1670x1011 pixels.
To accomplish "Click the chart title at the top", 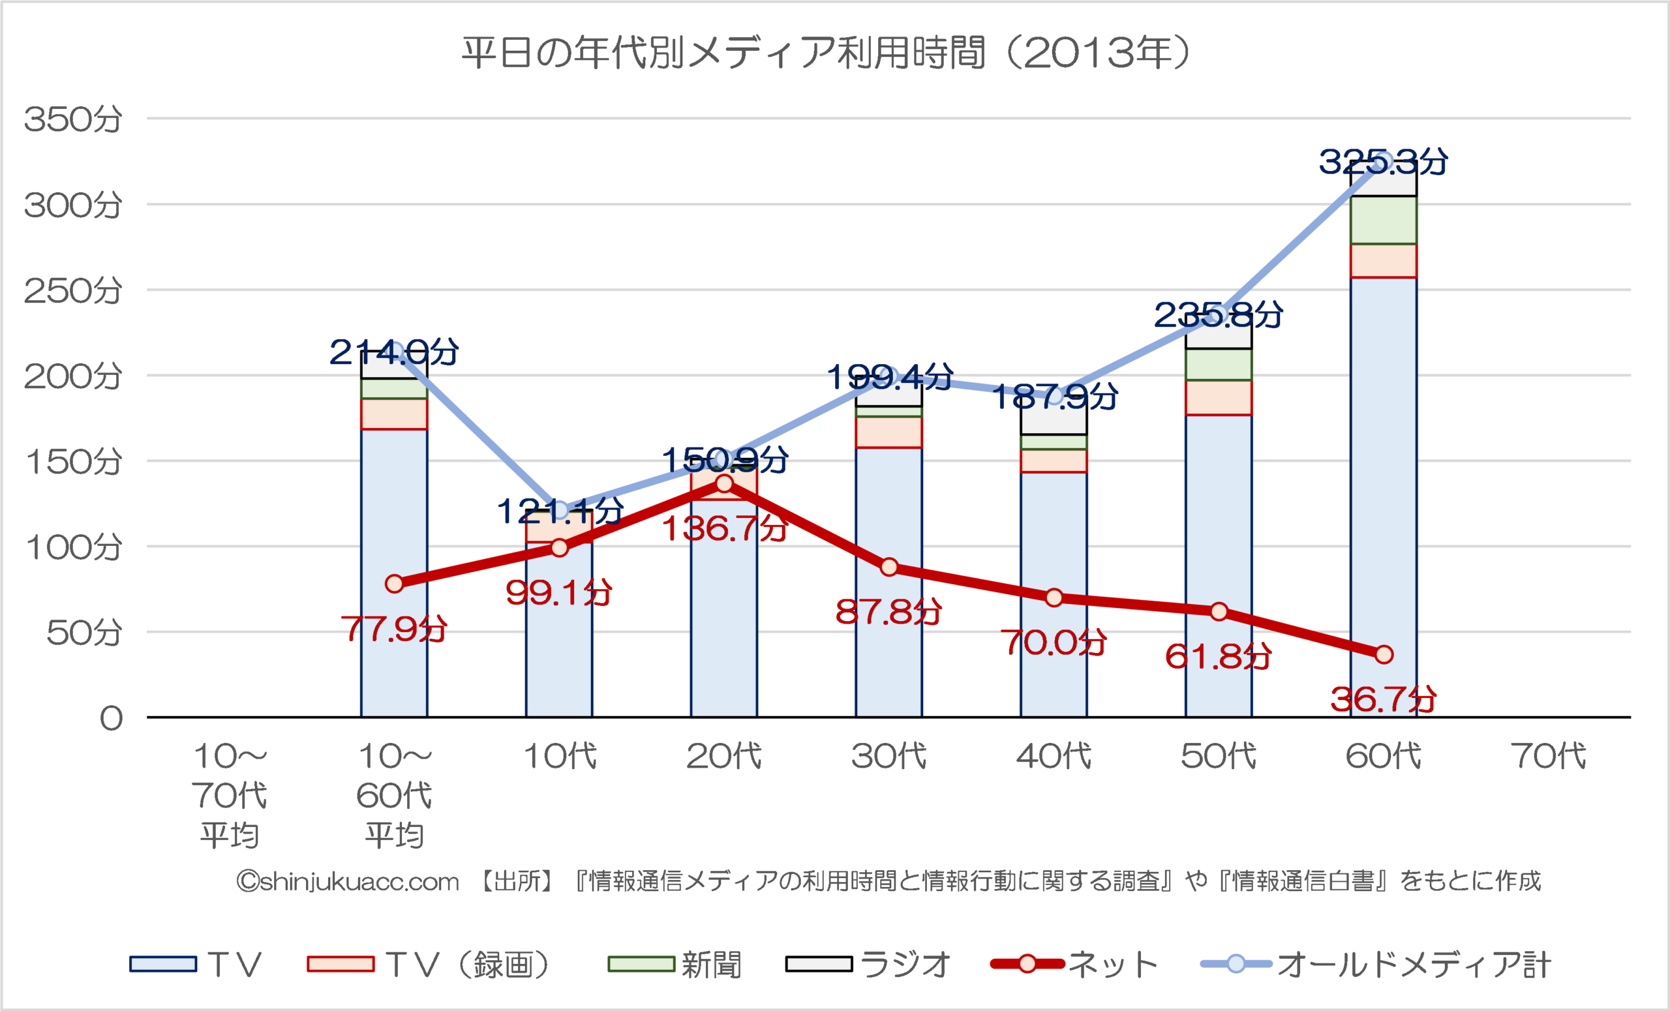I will coord(825,53).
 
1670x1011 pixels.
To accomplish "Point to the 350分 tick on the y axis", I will coord(73,119).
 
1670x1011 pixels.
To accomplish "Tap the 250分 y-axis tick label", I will coord(73,291).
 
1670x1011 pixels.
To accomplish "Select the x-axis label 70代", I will coord(1548,756).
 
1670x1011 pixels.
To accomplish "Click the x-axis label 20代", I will coord(724,756).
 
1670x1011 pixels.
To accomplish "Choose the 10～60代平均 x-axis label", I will coord(395,795).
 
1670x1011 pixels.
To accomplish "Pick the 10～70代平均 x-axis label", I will coord(230,795).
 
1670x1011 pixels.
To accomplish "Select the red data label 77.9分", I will coord(394,629).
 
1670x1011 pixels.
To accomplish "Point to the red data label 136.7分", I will coord(724,528).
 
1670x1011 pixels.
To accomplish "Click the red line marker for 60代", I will coord(1384,655).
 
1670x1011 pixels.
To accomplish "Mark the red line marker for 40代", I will coord(1054,597).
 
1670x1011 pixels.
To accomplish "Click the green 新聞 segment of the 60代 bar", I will coord(1384,220).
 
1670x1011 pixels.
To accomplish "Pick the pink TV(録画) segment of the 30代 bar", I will coord(888,432).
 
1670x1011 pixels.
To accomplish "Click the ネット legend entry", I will coord(1074,964).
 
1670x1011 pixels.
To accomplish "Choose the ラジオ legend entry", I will coord(868,964).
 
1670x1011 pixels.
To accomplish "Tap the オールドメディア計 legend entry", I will coord(1376,964).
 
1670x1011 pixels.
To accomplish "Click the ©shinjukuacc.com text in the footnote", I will coord(348,882).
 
